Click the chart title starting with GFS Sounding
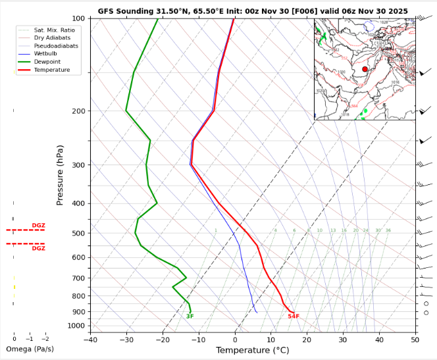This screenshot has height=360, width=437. click(253, 12)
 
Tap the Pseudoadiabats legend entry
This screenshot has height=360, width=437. click(56, 47)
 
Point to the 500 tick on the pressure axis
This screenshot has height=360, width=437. click(78, 234)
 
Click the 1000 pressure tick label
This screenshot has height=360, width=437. click(76, 326)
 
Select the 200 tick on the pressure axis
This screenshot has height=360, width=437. click(78, 111)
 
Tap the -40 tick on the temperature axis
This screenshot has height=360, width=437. click(91, 340)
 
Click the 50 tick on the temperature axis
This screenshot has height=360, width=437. click(415, 340)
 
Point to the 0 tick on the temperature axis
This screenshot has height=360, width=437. click(236, 340)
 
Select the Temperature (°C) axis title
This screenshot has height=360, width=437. click(253, 350)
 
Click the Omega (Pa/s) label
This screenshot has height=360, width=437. click(30, 349)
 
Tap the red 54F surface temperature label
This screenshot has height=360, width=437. click(294, 317)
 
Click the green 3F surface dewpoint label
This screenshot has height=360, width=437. click(190, 317)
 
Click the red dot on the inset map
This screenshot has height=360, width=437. click(365, 68)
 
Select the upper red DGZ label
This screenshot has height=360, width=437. click(39, 226)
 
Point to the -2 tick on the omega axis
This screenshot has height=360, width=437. click(45, 338)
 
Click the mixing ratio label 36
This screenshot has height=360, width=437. click(388, 230)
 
